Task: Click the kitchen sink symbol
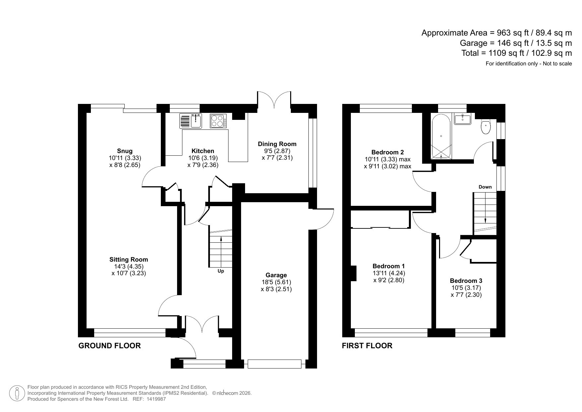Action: [x=191, y=121]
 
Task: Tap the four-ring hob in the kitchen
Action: [x=218, y=121]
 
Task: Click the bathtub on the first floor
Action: [x=441, y=136]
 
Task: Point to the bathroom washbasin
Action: [x=463, y=119]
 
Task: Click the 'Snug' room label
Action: [x=125, y=151]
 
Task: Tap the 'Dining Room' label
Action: [x=277, y=144]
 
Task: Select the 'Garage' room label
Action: [x=276, y=275]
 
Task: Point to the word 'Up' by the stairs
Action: [x=221, y=271]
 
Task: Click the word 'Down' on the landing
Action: [x=485, y=187]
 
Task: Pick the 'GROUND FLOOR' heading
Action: [x=109, y=346]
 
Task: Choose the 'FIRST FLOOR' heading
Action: [x=367, y=346]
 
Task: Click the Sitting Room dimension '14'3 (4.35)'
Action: [x=129, y=266]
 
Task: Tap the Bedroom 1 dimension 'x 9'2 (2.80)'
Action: [x=389, y=280]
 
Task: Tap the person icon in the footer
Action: [x=17, y=393]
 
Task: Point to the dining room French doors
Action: [x=274, y=100]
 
